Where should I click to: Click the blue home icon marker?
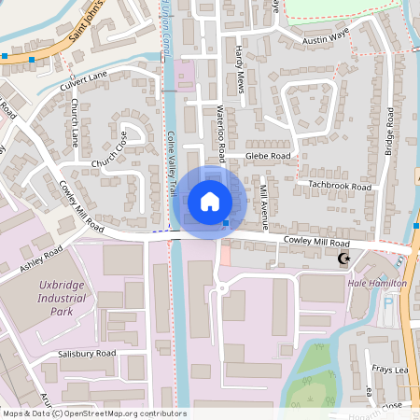pyautogui.click(x=210, y=201)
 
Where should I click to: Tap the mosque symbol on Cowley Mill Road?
pyautogui.click(x=343, y=259)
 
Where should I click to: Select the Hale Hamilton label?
pyautogui.click(x=377, y=283)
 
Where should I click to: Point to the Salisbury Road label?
pyautogui.click(x=86, y=353)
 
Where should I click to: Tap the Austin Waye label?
pyautogui.click(x=326, y=41)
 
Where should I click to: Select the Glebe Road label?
pyautogui.click(x=269, y=156)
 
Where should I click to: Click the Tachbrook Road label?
pyautogui.click(x=341, y=187)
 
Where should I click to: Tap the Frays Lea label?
pyautogui.click(x=390, y=371)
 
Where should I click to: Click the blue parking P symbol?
pyautogui.click(x=388, y=302)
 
